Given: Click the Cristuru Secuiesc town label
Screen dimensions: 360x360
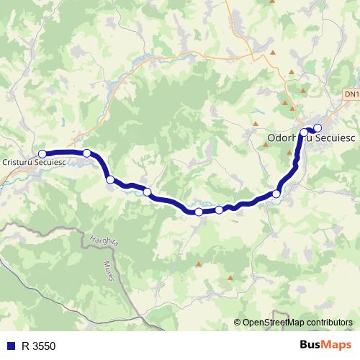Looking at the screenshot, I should (x=33, y=163).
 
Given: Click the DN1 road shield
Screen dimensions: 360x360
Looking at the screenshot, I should (x=351, y=94).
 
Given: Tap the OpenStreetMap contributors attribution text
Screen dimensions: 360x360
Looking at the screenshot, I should (x=297, y=322).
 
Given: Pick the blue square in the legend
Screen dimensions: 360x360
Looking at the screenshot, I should (x=10, y=346).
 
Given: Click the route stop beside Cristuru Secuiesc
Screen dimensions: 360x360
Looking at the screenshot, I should (x=42, y=153).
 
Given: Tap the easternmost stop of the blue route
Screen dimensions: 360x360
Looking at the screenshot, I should (x=318, y=128).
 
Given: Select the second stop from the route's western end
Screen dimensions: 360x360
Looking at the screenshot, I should (x=86, y=153).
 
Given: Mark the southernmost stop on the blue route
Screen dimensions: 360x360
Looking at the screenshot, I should (x=199, y=212).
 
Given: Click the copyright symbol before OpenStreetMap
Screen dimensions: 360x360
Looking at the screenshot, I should (x=238, y=322).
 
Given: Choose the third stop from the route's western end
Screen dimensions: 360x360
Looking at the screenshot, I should (x=110, y=179).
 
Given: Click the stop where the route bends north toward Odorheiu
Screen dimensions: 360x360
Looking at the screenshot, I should (x=276, y=194).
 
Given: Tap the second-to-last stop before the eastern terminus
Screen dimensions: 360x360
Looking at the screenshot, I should (x=304, y=132).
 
